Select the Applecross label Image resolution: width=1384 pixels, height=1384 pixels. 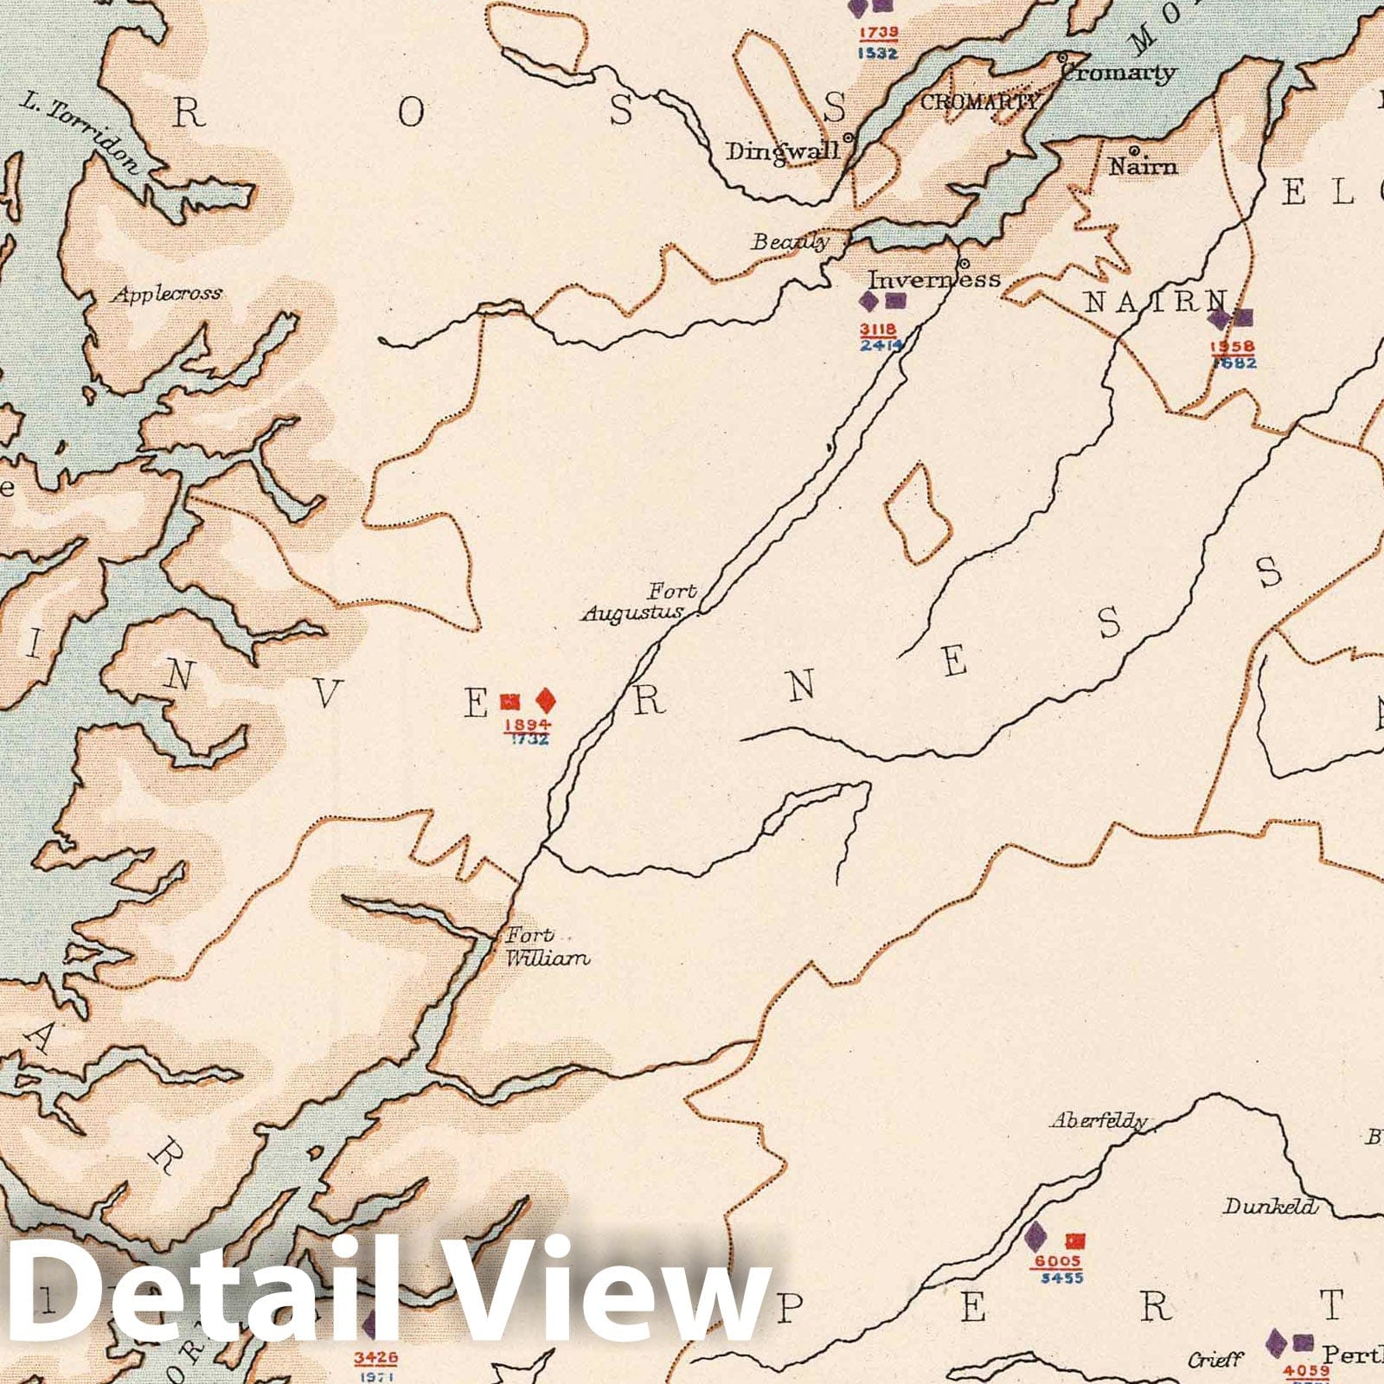click(167, 294)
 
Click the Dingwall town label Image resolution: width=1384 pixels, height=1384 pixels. click(783, 151)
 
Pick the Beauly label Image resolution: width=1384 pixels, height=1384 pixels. click(790, 242)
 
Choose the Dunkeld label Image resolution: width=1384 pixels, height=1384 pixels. click(1269, 1206)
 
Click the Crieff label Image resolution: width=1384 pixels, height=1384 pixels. click(1215, 1360)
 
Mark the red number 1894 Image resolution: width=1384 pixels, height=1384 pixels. click(527, 725)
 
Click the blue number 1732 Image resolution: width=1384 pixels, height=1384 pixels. click(529, 740)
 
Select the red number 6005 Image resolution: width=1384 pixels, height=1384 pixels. click(1057, 1262)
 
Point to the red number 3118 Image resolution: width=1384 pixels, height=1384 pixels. click(878, 330)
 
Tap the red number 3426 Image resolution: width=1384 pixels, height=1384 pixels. click(375, 1359)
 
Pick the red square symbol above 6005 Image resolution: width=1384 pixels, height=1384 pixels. click(1074, 1241)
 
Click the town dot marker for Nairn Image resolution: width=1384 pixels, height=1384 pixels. click(1134, 150)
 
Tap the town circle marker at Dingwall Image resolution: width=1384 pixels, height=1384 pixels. click(849, 137)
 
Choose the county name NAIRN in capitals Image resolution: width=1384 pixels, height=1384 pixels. click(1156, 302)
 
